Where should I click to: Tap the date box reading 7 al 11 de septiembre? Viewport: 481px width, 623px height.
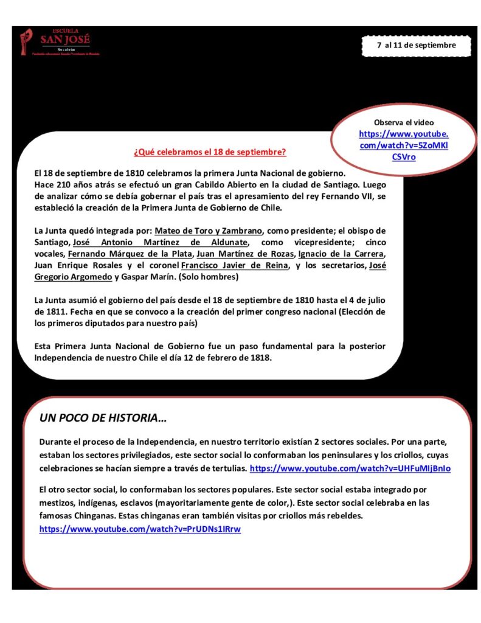[x=416, y=46]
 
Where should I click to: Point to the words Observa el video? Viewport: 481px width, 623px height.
[x=404, y=122]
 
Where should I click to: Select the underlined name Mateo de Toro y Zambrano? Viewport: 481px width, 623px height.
[x=209, y=231]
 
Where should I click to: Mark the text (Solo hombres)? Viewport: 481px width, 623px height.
[x=209, y=277]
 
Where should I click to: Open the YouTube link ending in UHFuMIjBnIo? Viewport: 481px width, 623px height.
[x=351, y=468]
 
